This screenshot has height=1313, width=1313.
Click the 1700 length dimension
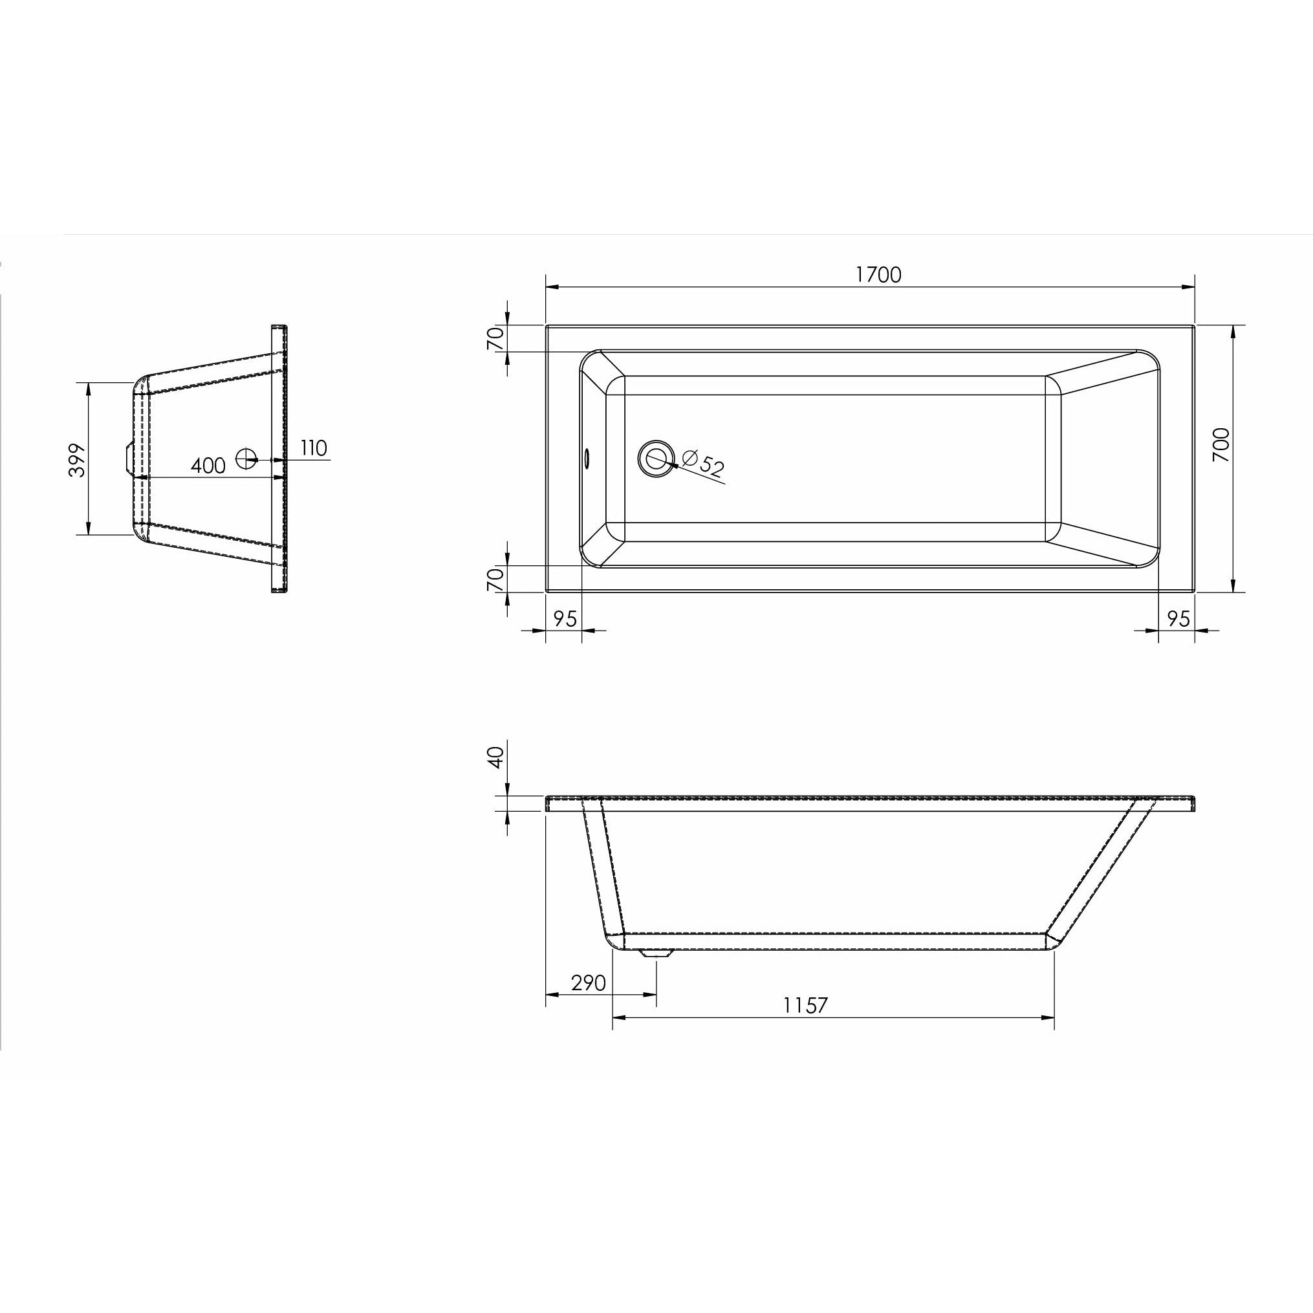tap(878, 274)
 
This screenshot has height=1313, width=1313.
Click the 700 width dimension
tap(1221, 444)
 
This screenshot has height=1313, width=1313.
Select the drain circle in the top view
tap(656, 458)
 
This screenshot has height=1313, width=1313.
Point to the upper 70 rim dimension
tap(496, 338)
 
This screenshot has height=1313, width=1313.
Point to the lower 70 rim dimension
tap(496, 578)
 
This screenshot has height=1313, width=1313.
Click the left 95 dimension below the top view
tap(565, 619)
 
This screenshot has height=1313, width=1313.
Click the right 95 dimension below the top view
tap(1178, 619)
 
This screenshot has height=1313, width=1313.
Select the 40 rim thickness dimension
tap(496, 756)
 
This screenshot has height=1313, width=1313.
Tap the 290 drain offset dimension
tap(588, 982)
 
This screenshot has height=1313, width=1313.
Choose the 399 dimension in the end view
tap(79, 460)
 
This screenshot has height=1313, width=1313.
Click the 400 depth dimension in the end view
tap(208, 466)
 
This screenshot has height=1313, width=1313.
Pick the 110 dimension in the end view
tap(313, 448)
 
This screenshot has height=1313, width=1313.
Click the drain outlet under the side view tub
tap(656, 953)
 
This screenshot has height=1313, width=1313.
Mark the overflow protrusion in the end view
tap(126, 456)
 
